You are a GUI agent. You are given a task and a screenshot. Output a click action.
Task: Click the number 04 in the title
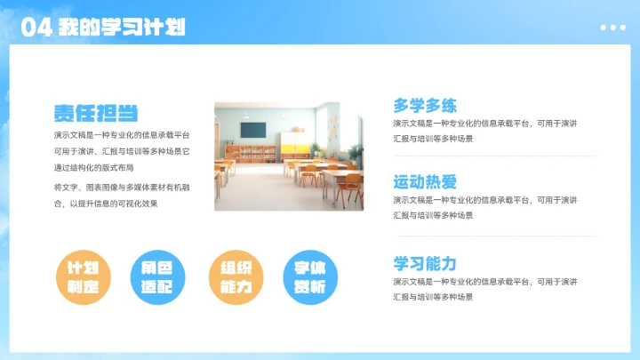pyautogui.click(x=35, y=28)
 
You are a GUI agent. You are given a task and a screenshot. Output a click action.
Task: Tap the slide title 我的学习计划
pyautogui.click(x=122, y=28)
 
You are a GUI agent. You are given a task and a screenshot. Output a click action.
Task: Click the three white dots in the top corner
pyautogui.click(x=612, y=28)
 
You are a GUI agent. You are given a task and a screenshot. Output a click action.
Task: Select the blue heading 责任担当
pyautogui.click(x=95, y=113)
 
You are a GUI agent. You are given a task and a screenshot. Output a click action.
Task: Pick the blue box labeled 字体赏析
pyautogui.click(x=309, y=276)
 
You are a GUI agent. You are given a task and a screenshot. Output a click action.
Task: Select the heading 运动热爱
pyautogui.click(x=425, y=183)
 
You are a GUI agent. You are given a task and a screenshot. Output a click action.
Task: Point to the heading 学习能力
pyautogui.click(x=425, y=263)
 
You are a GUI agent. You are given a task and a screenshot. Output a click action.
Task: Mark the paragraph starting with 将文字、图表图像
pyautogui.click(x=106, y=196)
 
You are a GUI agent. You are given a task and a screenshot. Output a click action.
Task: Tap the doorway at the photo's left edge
pyautogui.click(x=220, y=151)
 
